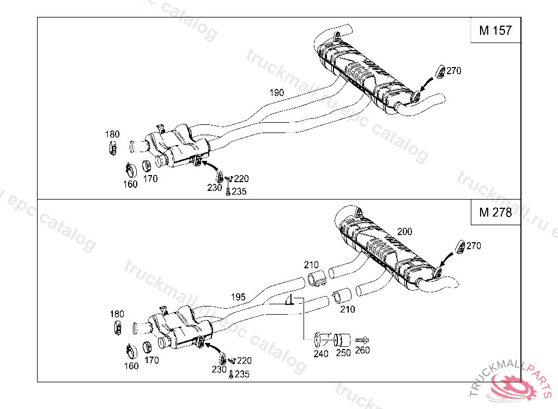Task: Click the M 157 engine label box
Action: (x=495, y=31)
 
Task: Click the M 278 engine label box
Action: (x=495, y=213)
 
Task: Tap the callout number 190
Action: (x=277, y=93)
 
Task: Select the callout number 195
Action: (x=238, y=297)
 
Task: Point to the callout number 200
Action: (x=404, y=232)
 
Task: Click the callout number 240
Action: (x=321, y=354)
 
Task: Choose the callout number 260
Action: (x=362, y=350)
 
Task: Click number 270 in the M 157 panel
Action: (x=453, y=70)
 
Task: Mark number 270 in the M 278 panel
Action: (x=474, y=246)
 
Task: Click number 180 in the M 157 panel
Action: (x=113, y=134)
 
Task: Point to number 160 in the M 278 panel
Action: (x=131, y=366)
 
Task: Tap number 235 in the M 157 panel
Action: (x=239, y=191)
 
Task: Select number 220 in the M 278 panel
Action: (x=245, y=360)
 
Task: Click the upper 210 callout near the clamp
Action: (x=311, y=265)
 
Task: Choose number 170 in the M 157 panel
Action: (x=151, y=178)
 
